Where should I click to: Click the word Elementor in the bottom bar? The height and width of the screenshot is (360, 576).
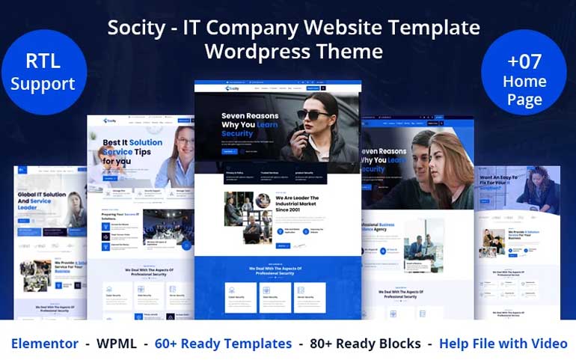pos(45,344)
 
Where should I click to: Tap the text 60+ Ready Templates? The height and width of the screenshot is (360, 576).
pos(223,344)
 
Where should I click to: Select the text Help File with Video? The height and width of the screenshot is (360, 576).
pos(503,344)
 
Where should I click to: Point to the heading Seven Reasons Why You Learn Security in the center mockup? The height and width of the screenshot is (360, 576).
pos(250,125)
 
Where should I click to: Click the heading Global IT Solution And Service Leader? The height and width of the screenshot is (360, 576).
pos(43,201)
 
